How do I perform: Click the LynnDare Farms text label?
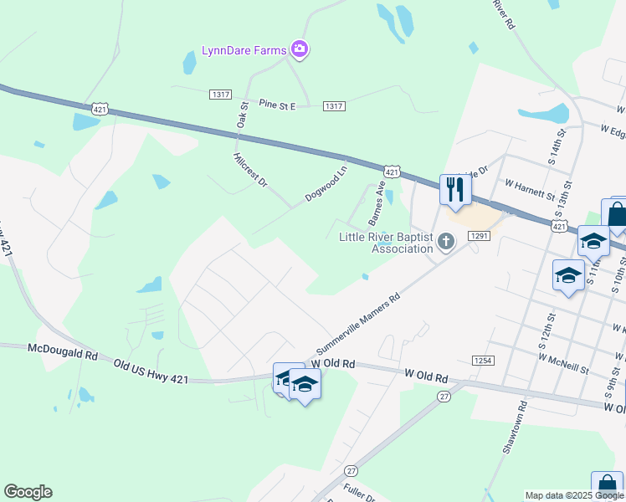[x=244, y=50]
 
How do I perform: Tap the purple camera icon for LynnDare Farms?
[x=300, y=49]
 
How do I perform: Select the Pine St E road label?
[x=278, y=104]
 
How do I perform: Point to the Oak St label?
[x=244, y=115]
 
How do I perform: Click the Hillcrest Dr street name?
[x=249, y=169]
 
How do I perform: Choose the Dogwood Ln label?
[x=326, y=184]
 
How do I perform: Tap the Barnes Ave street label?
[x=377, y=202]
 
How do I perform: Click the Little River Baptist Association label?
[x=386, y=242]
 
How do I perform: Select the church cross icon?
[x=446, y=243]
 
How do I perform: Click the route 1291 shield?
[x=479, y=237]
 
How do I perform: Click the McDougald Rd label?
[x=63, y=352]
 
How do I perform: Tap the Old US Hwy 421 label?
[x=151, y=374]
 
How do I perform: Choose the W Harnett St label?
[x=530, y=188]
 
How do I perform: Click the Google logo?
[x=28, y=492]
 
